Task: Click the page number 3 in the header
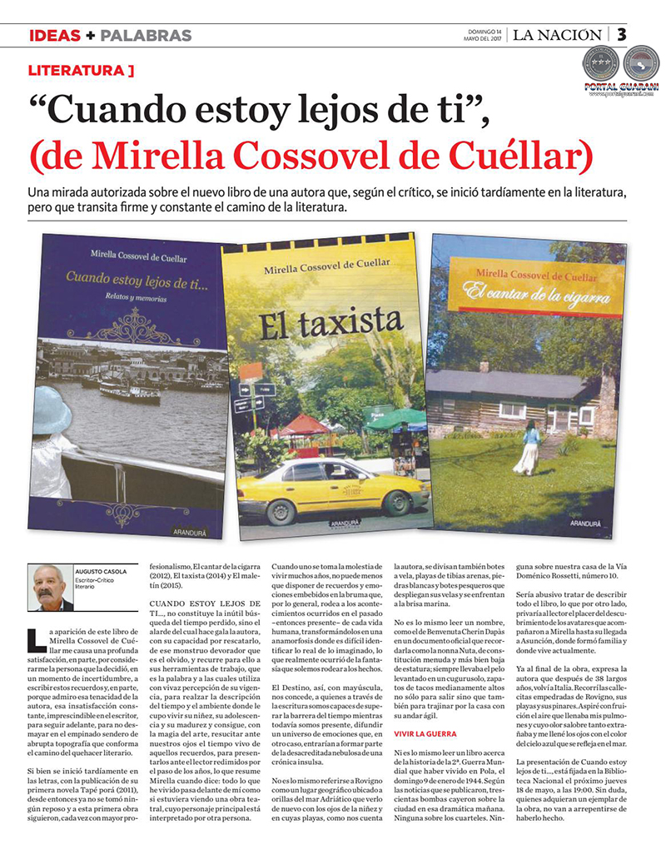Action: (x=622, y=34)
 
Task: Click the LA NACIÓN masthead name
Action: (x=556, y=35)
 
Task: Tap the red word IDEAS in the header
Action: (x=55, y=36)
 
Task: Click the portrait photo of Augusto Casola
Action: (x=50, y=588)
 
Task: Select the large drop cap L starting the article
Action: (x=37, y=638)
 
